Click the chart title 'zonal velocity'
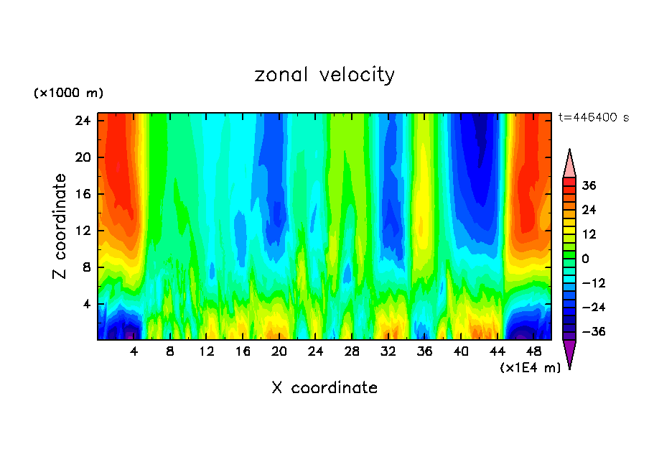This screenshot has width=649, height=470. pos(324,75)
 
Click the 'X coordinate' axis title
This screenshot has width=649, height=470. pos(324,388)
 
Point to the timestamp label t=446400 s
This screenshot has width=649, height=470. pos(593,117)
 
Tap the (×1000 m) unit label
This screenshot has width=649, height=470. pos(68,93)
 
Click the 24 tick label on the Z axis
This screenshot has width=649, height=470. pos(82,121)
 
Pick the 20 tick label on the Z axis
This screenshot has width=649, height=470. pos(82,157)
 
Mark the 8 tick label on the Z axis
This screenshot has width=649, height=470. pos(85,267)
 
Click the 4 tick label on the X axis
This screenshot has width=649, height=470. pos(134,352)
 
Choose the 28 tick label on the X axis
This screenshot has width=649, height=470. pos(352,352)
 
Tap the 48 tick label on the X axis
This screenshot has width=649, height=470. pos(533,352)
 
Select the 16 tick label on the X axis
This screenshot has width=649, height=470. pos(243,352)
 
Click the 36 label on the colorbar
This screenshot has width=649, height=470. pos(589,185)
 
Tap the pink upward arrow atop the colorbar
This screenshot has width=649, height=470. pos(569,164)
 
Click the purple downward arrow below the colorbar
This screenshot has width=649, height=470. pos(569,353)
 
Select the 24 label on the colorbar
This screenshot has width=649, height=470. pos(589,210)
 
